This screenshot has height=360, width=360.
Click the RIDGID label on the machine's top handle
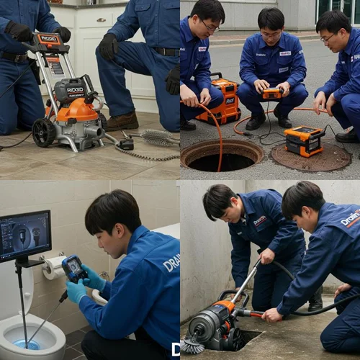point(48,38)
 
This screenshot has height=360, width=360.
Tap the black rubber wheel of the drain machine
point(45,132)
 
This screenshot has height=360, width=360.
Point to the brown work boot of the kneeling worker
point(123,121)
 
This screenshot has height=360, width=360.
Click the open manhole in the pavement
point(221,154)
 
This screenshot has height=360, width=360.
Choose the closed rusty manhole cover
point(311,157)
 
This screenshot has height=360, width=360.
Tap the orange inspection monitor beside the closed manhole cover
point(304,140)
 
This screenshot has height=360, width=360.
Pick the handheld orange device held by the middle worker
point(272,93)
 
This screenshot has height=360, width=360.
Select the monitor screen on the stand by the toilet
point(24,235)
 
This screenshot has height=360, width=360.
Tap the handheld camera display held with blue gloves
point(74,269)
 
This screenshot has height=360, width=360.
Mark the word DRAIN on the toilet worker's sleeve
point(171,263)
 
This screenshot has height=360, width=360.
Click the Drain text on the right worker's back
point(350,218)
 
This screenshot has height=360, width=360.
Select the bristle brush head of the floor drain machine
point(192,346)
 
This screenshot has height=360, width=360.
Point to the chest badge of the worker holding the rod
point(260,222)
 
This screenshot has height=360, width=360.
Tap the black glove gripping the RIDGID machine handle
point(19,31)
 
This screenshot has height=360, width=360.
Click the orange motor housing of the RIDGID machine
point(77,111)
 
